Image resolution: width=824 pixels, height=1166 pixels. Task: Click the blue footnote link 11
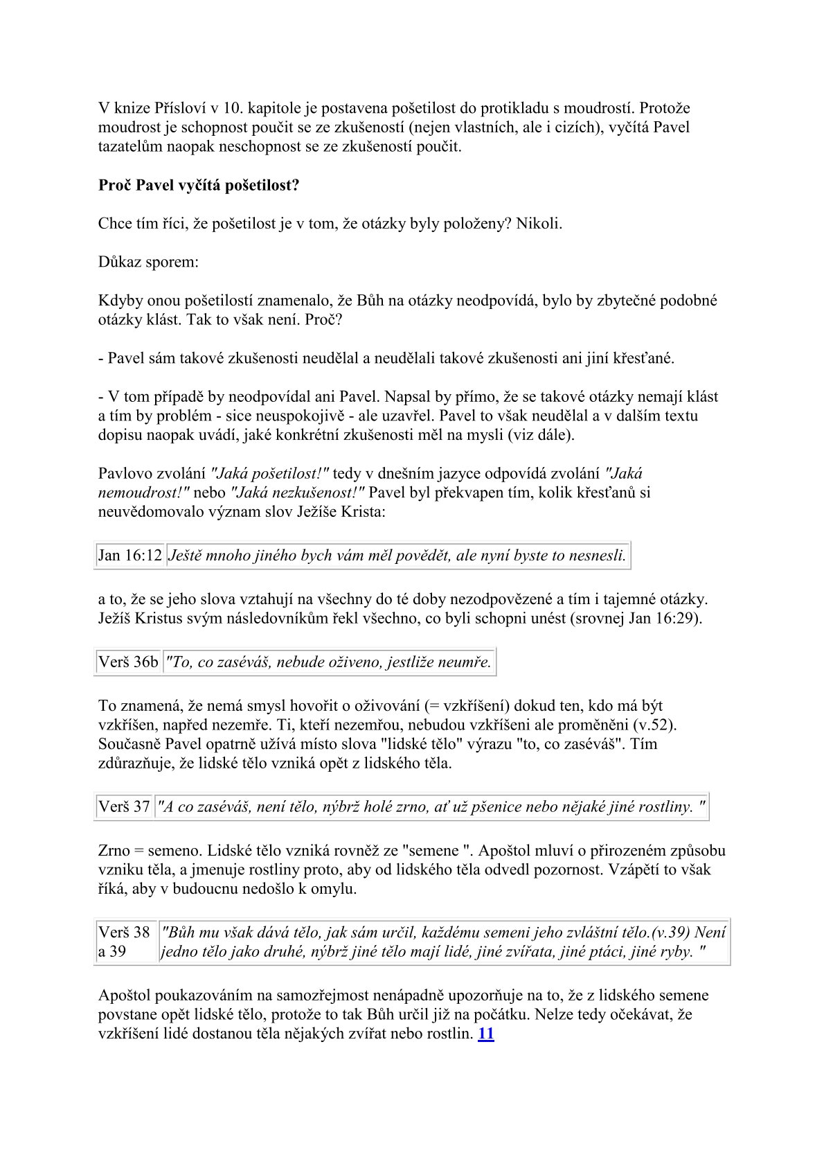[486, 1034]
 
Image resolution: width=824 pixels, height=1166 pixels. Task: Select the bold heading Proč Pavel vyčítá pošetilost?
[199, 186]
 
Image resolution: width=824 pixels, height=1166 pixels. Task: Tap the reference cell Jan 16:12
[130, 556]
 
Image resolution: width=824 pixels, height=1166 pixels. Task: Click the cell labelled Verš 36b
[128, 662]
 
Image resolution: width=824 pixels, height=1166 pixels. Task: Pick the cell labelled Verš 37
[124, 807]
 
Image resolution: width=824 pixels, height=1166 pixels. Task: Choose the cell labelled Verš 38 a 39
[124, 942]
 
